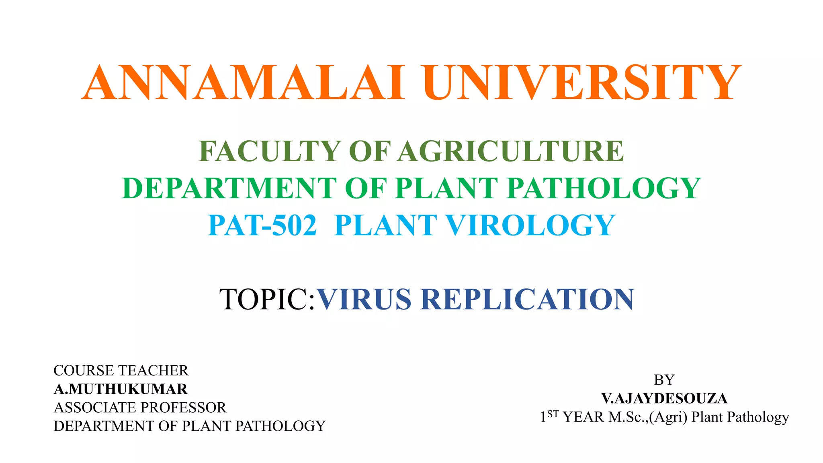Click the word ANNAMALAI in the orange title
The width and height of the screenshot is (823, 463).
(x=243, y=83)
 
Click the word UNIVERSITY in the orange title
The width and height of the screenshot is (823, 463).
(x=581, y=83)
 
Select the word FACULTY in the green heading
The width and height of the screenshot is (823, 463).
(x=270, y=151)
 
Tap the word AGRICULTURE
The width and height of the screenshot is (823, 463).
(x=511, y=151)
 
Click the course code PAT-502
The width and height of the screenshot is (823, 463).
(x=262, y=225)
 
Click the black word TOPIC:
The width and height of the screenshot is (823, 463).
(x=267, y=299)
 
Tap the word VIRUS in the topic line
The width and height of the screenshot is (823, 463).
(x=364, y=299)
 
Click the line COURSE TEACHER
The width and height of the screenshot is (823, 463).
(x=121, y=371)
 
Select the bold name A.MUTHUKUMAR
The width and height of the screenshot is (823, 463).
(x=121, y=389)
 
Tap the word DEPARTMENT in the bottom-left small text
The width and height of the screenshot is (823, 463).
(x=104, y=426)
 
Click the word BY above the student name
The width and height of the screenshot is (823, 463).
(x=664, y=380)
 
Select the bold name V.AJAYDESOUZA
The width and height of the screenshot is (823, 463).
(x=664, y=398)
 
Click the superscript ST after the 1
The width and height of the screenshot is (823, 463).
(x=553, y=414)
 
